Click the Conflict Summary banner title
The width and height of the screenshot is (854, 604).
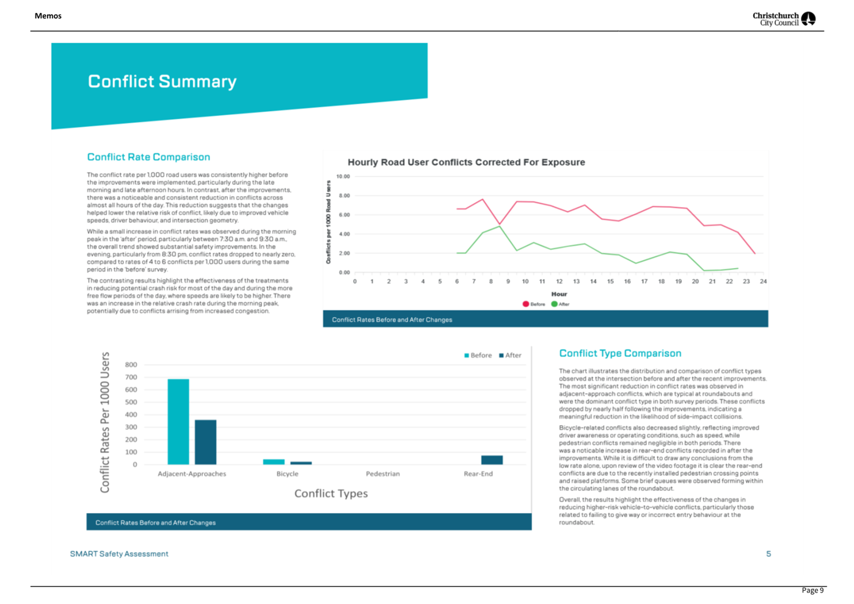click(x=162, y=81)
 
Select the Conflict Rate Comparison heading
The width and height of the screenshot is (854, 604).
click(x=148, y=157)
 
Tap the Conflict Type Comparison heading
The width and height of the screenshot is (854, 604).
click(x=620, y=353)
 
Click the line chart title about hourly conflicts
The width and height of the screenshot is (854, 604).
click(x=466, y=162)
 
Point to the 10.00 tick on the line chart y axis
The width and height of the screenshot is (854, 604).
click(x=343, y=176)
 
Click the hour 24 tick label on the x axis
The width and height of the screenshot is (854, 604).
click(x=763, y=282)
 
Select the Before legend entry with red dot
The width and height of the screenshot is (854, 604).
click(x=534, y=304)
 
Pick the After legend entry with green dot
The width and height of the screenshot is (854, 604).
click(x=560, y=304)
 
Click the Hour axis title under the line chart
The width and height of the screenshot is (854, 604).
click(x=559, y=294)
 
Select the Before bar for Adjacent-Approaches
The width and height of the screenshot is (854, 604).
click(x=178, y=421)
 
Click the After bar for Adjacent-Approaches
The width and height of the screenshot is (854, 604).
click(x=205, y=442)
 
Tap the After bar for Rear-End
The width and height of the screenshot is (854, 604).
click(x=492, y=460)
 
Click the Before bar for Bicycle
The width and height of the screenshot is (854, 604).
click(x=274, y=462)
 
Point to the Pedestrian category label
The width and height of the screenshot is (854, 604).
click(x=382, y=474)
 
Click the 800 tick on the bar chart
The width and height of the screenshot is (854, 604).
click(x=131, y=365)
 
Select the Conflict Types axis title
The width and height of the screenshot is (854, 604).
click(x=331, y=493)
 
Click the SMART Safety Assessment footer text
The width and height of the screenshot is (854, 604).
click(x=119, y=554)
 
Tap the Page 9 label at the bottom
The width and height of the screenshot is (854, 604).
click(x=812, y=590)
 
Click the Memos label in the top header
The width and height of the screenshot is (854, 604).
click(x=48, y=16)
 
